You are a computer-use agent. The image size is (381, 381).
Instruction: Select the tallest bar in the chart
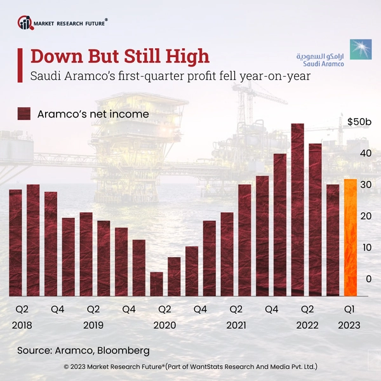point(297,210)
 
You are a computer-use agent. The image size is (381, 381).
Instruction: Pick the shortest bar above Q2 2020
point(156,284)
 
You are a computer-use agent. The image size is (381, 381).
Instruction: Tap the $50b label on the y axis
point(359,121)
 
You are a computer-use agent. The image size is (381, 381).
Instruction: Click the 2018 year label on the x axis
point(22,325)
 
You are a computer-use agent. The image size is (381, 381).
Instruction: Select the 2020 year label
point(164,325)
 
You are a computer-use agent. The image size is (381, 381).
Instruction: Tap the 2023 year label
point(349,325)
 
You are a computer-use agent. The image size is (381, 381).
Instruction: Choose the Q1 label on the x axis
point(349,309)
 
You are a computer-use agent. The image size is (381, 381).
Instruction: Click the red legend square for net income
point(24,114)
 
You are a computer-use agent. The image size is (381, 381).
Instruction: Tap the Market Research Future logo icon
point(25,23)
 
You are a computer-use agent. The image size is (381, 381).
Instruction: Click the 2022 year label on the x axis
point(307,325)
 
